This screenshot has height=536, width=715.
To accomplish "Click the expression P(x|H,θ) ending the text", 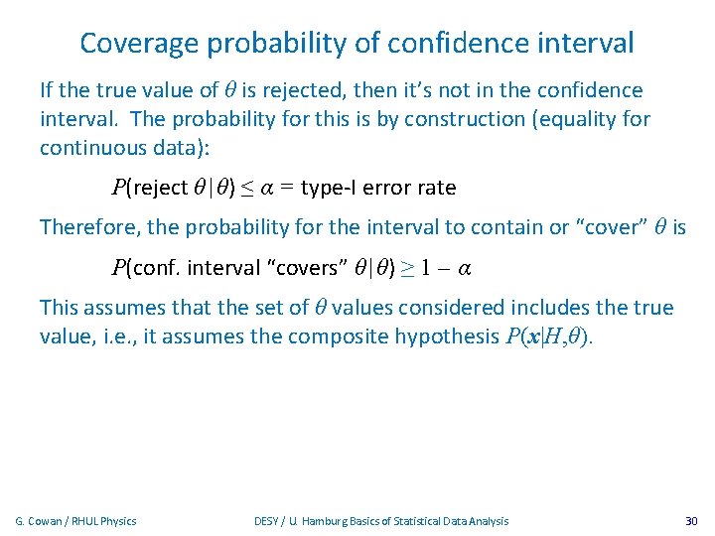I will pos(547,336).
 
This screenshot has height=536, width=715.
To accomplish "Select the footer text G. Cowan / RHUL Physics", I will pos(76,521).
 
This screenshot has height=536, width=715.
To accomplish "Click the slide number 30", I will pos(691,521).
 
